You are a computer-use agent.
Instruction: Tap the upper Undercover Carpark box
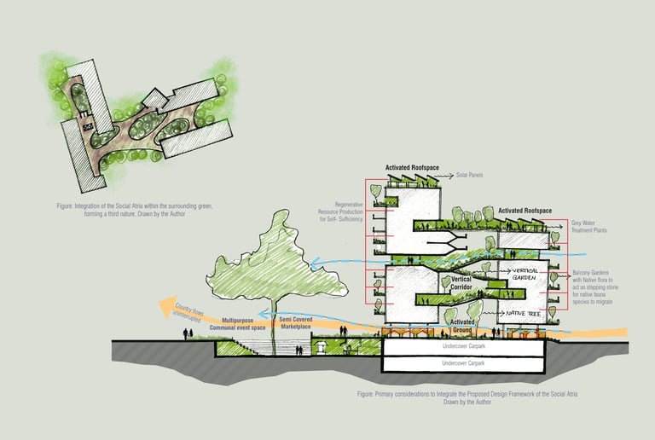463,347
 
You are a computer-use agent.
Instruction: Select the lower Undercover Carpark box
463,364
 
